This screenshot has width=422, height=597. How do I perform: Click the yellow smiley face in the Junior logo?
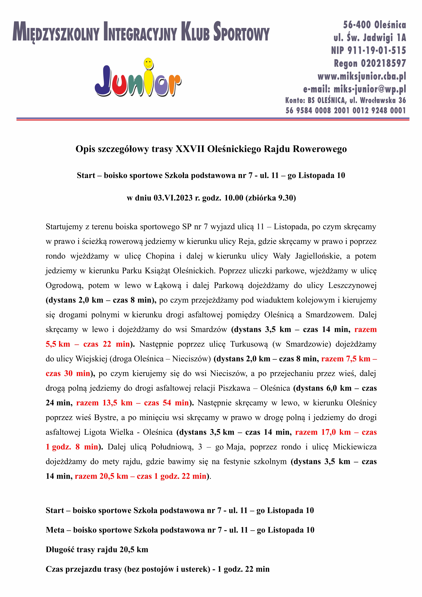pos(148,63)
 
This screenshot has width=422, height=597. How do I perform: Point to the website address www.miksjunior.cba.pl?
pos(361,76)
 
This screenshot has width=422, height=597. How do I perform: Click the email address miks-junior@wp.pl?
pos(369,89)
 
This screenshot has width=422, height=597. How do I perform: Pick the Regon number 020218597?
pos(383,63)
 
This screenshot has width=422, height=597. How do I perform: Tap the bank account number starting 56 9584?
pos(346,110)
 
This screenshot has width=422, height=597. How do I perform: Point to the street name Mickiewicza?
pos(355,447)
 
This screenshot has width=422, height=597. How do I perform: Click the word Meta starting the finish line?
pos(55,530)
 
